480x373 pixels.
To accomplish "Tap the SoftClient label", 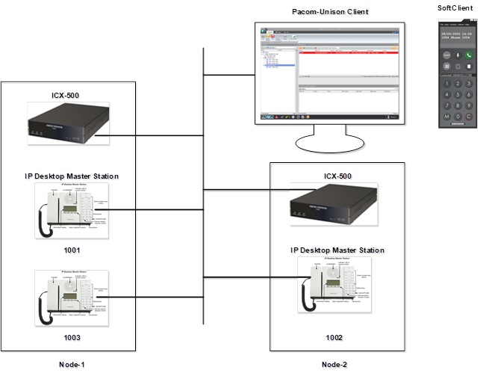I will pos(455,7).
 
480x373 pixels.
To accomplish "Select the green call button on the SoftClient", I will pos(468,55).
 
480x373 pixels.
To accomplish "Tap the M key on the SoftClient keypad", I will pos(446,117).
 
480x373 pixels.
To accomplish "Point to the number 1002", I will pos(334,337).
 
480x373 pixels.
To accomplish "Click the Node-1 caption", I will pos(72,364).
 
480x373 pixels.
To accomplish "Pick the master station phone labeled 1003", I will pos(72,299).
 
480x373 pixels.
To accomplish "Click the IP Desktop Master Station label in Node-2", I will pos(337,249).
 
